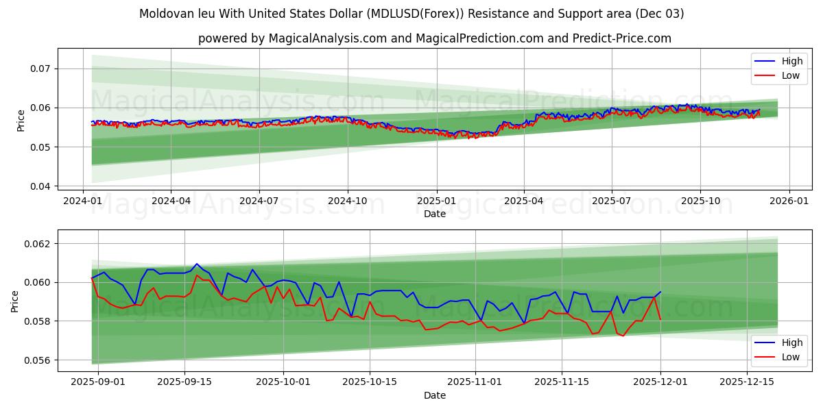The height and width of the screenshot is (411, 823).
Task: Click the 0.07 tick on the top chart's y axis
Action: tap(40, 68)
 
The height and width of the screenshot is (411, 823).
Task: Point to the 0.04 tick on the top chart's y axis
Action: tap(40, 186)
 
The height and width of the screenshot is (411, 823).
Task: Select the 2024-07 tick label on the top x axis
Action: tap(259, 201)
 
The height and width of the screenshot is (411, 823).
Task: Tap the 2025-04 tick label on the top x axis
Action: tap(524, 201)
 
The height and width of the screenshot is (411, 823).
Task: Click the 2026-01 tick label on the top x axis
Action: tap(789, 201)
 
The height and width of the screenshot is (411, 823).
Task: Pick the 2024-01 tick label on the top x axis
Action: tap(83, 201)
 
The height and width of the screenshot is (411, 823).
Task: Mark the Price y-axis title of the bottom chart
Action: tap(15, 301)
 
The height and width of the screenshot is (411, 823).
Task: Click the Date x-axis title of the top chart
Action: tap(434, 214)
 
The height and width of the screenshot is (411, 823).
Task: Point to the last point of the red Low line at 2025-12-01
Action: tap(660, 319)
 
